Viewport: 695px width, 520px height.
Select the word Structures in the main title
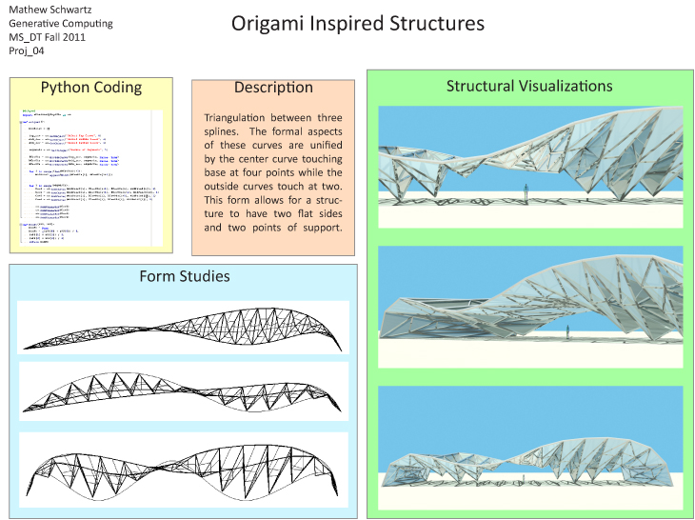(439, 23)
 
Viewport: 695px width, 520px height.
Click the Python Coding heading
(91, 88)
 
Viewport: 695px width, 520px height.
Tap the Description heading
(273, 88)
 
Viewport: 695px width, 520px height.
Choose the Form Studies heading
(185, 276)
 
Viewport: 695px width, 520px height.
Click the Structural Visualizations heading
(529, 86)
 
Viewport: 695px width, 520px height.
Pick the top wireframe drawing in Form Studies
(185, 326)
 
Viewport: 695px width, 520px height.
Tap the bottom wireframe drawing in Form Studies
(185, 467)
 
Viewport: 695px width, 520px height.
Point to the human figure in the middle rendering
(568, 331)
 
